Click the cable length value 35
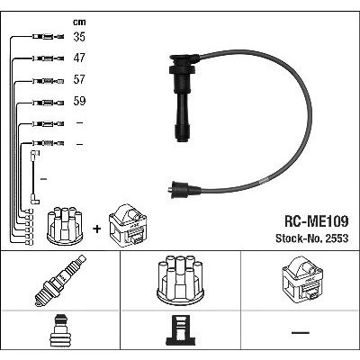[x=79, y=37]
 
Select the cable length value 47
[x=79, y=58]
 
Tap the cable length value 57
[x=79, y=79]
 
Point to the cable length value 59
[x=79, y=101]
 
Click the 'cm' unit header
[x=79, y=22]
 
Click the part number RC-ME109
[x=316, y=221]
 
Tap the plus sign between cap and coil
[x=97, y=229]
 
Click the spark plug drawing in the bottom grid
[x=60, y=281]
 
